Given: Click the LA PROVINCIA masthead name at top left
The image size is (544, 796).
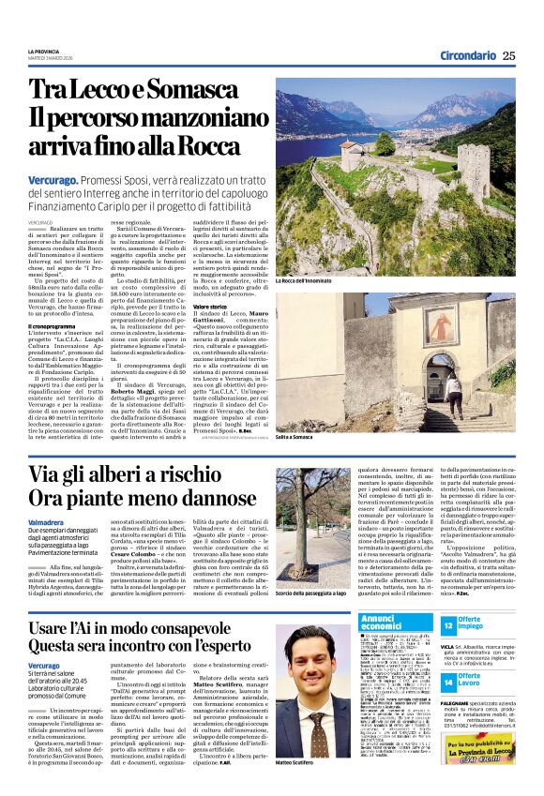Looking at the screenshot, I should (x=43, y=52).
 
